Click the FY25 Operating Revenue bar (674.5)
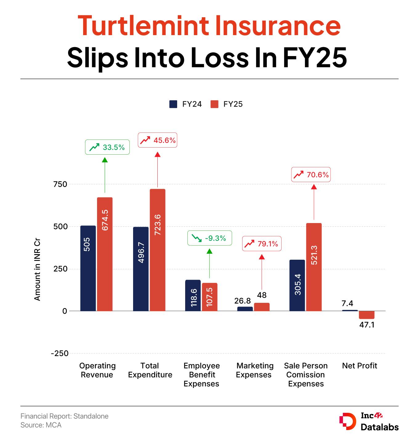pos(105,254)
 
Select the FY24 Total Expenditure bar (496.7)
pos(141,269)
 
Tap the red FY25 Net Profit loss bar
pos(367,315)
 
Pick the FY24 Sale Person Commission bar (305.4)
pos(297,285)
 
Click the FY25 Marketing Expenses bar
pos(262,307)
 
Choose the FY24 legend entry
pos(186,104)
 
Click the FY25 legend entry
pos(227,104)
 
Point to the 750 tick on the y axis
pos(60,184)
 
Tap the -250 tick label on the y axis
pos(60,353)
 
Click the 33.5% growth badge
pos(107,147)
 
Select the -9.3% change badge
pos(209,238)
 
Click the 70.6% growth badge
pos(311,175)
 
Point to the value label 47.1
pos(367,325)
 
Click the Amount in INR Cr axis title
pos(37,270)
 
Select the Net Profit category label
pos(360,366)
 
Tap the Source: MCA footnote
pos(41,425)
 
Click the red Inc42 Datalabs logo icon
pos(348,421)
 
